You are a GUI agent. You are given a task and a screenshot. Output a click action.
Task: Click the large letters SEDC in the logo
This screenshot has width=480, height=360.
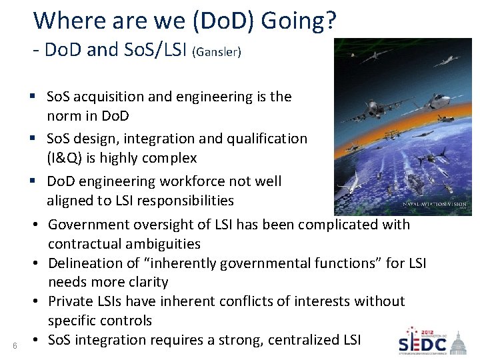[422, 343]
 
